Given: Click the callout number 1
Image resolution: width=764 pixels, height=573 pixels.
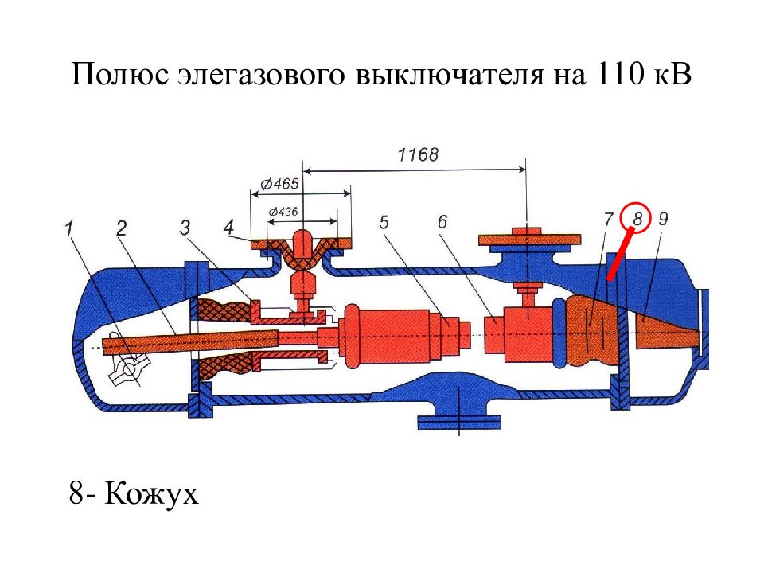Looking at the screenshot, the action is pyautogui.click(x=69, y=229).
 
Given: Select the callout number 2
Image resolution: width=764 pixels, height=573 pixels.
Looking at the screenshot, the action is pyautogui.click(x=121, y=228).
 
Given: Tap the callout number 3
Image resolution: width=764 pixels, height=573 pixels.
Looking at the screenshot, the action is pyautogui.click(x=185, y=228).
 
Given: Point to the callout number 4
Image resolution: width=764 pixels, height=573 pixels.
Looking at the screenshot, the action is pyautogui.click(x=228, y=227).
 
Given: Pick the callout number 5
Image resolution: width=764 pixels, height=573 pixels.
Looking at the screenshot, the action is pyautogui.click(x=384, y=222).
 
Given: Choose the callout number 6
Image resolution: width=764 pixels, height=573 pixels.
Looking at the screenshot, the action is pyautogui.click(x=442, y=222).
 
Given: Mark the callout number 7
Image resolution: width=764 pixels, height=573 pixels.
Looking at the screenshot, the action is pyautogui.click(x=608, y=220).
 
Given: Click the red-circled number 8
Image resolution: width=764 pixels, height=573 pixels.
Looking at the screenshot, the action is pyautogui.click(x=637, y=219).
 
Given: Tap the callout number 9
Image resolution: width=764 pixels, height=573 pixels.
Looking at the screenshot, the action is pyautogui.click(x=663, y=219).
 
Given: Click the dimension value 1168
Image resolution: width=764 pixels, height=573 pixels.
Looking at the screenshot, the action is pyautogui.click(x=418, y=155).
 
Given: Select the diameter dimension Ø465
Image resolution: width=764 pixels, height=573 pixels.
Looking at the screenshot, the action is pyautogui.click(x=279, y=184).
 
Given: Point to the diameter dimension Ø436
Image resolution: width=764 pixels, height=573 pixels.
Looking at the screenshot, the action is pyautogui.click(x=283, y=212).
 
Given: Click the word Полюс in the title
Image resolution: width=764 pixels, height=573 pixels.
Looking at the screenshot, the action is pyautogui.click(x=120, y=75).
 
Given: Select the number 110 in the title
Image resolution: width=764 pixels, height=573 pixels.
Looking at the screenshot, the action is pyautogui.click(x=618, y=74).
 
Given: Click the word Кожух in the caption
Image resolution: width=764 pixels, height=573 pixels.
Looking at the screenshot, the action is pyautogui.click(x=151, y=494).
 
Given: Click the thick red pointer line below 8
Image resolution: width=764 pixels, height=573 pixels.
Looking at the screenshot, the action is pyautogui.click(x=620, y=255).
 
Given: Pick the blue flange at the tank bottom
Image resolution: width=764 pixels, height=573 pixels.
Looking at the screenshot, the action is pyautogui.click(x=459, y=422).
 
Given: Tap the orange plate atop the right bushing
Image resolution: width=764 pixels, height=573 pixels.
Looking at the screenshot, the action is pyautogui.click(x=529, y=240).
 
